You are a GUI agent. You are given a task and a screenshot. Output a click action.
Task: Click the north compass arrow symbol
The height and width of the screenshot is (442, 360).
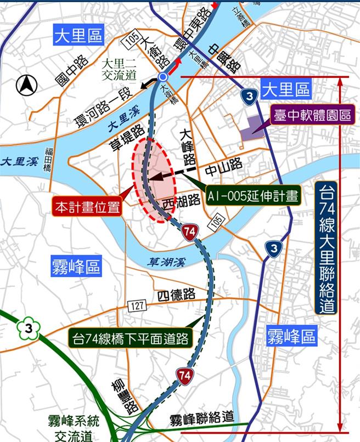coord(25,84)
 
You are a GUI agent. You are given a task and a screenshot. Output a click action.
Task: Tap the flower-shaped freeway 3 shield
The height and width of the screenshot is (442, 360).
coord(26,328)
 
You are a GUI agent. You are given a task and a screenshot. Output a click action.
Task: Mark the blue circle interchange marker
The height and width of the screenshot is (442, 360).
coord(162,77)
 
